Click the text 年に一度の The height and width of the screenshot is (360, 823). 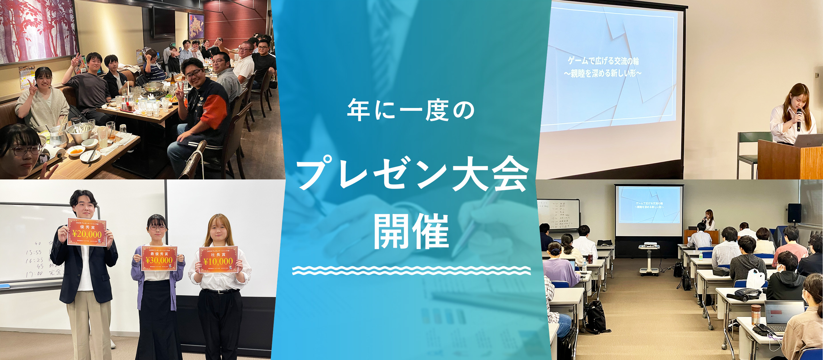pos(411,110)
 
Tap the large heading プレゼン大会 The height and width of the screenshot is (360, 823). pos(412,174)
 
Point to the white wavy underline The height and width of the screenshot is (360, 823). pos(411,270)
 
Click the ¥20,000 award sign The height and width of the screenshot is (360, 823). pos(87,232)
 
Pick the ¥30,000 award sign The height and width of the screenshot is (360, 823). pos(159,258)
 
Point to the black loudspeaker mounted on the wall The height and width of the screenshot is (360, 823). pos(794,213)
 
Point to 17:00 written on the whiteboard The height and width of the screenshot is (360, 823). pos(34,274)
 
